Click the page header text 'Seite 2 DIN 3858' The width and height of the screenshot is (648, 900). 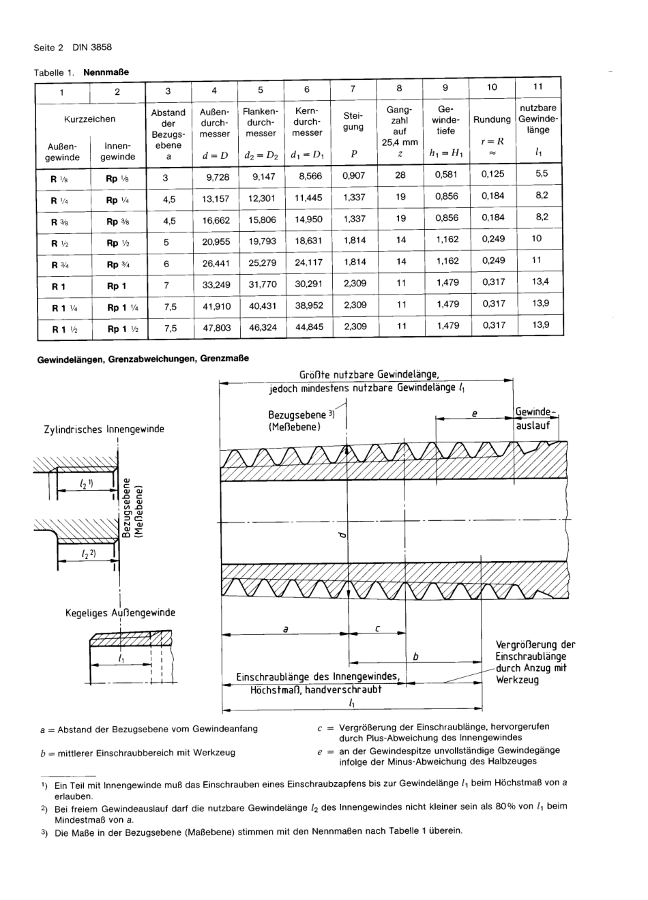coord(72,48)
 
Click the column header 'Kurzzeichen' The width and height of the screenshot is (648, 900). coord(90,119)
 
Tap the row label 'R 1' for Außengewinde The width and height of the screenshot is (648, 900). coord(59,286)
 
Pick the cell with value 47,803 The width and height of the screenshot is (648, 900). coord(217,328)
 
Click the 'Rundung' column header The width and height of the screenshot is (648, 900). coord(492,119)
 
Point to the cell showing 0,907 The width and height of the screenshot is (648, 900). coord(354,175)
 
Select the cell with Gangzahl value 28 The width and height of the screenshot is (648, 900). coord(400,175)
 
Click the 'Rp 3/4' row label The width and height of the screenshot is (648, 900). coord(117,265)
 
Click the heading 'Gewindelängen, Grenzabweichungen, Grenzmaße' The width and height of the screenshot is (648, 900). coord(143,359)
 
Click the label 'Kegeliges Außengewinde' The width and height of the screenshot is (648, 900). coord(120,612)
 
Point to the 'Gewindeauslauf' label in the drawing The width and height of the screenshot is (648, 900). coord(535,419)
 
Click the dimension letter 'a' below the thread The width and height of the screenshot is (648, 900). coord(285,629)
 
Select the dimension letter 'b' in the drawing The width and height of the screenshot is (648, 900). coord(415,656)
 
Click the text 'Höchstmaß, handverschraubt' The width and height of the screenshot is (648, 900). coord(316,689)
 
